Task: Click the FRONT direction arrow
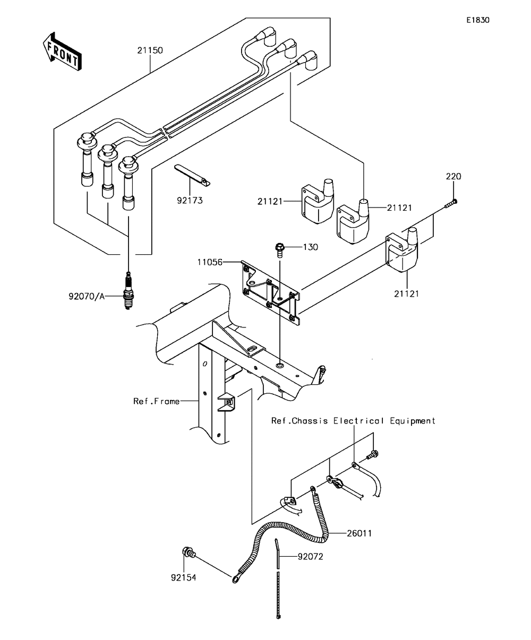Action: click(x=62, y=51)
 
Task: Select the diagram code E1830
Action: click(x=477, y=20)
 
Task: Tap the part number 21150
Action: click(x=150, y=50)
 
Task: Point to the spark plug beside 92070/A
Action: click(x=129, y=291)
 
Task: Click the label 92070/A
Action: click(x=87, y=297)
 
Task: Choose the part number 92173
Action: click(x=190, y=201)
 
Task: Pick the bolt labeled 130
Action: click(x=280, y=250)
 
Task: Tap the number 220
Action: click(x=453, y=176)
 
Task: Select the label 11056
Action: click(x=210, y=262)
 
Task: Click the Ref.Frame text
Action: click(x=157, y=401)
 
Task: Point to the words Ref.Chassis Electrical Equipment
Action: click(x=353, y=421)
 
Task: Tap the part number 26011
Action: click(x=359, y=533)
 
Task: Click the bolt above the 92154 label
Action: click(x=189, y=552)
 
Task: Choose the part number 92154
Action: click(x=183, y=577)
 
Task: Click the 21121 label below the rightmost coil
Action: click(x=406, y=293)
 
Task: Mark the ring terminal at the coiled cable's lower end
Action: click(x=236, y=578)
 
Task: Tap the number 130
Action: click(x=311, y=247)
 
